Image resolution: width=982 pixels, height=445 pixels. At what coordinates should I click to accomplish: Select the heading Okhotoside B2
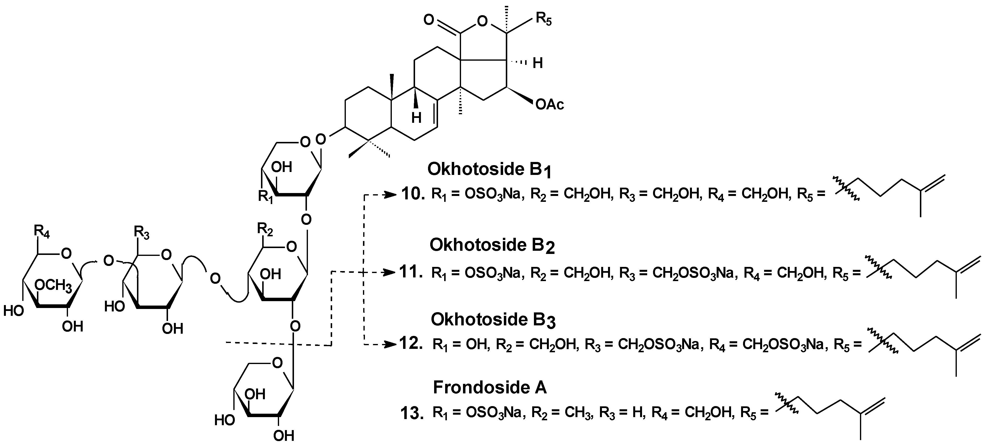[492, 245]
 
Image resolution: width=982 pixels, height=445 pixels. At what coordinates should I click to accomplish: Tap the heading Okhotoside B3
[493, 319]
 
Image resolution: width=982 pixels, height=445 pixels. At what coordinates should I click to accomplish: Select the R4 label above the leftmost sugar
[42, 231]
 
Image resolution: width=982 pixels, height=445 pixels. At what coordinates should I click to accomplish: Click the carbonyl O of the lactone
[429, 20]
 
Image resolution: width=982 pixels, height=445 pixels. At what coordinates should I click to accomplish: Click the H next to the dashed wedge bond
[538, 63]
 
